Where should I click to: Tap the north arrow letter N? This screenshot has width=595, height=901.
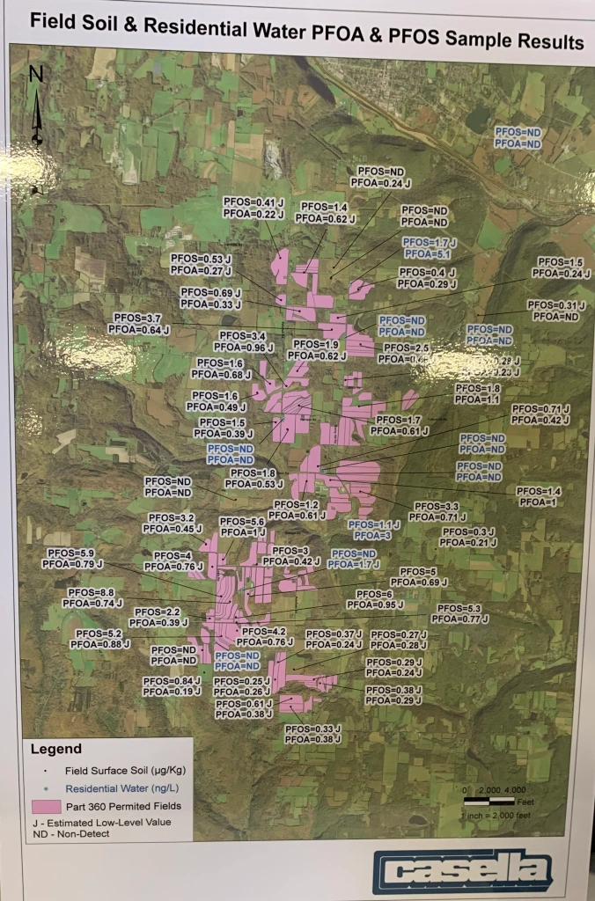36,75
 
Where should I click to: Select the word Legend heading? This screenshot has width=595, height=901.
56,750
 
